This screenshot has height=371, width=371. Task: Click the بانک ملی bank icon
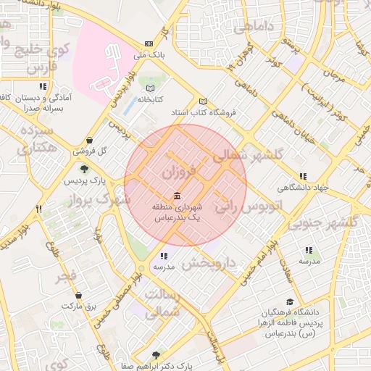click(149, 43)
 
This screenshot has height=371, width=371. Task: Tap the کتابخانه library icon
click(150, 88)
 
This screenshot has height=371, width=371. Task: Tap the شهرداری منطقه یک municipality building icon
click(178, 196)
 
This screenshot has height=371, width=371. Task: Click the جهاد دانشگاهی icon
click(302, 176)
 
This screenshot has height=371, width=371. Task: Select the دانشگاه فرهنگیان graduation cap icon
click(290, 302)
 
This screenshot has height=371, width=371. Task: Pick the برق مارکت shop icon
click(88, 296)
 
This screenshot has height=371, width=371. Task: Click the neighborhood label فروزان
click(179, 172)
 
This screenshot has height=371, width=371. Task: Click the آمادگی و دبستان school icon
click(43, 86)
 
